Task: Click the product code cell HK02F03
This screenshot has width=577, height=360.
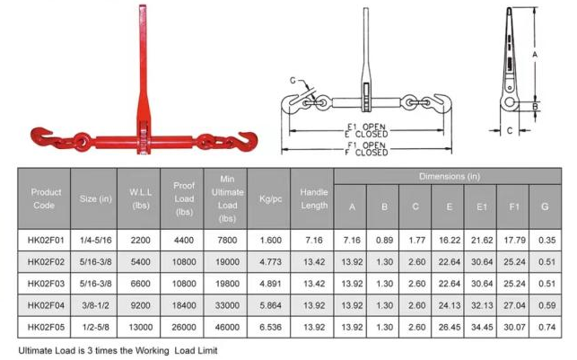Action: [46, 284]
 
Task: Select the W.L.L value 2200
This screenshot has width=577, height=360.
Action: [140, 241]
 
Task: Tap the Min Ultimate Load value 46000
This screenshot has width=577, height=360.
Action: [227, 328]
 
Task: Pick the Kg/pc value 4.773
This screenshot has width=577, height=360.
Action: [270, 262]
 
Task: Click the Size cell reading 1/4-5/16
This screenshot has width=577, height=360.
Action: [95, 241]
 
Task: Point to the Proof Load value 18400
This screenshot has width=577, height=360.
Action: [184, 305]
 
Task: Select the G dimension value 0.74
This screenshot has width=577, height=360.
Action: [546, 328]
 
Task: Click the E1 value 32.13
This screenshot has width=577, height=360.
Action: [482, 305]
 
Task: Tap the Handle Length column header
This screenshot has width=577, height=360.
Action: [314, 198]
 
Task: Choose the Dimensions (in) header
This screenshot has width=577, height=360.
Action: [450, 177]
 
